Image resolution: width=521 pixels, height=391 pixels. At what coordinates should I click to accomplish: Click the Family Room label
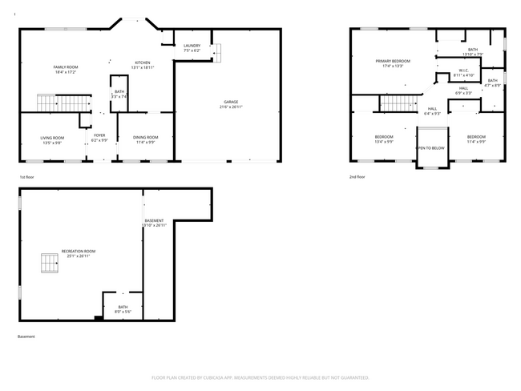tap(66, 67)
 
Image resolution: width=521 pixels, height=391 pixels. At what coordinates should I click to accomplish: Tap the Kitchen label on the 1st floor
tap(143, 62)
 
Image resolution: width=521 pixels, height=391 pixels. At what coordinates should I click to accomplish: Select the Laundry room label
tap(192, 46)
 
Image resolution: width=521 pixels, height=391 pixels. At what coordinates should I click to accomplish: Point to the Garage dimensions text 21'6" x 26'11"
tap(232, 107)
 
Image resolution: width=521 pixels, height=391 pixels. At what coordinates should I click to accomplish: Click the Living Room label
tap(52, 138)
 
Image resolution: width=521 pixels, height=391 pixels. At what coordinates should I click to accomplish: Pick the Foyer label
tap(100, 135)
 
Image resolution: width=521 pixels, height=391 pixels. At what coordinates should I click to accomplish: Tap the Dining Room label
tap(145, 138)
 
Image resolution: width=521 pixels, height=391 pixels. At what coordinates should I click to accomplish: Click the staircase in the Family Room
tap(63, 103)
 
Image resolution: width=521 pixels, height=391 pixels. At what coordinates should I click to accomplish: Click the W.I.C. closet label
tap(464, 70)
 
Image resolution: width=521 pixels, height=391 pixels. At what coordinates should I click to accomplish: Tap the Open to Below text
tap(430, 148)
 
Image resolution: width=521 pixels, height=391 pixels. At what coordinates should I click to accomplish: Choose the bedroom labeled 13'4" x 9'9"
tap(384, 139)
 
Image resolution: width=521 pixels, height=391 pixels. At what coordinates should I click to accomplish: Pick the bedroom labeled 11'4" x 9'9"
tap(477, 139)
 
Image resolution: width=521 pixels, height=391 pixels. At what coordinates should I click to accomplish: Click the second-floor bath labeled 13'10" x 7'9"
tap(473, 52)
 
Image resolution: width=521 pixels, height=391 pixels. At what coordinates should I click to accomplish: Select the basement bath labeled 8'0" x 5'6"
tap(123, 308)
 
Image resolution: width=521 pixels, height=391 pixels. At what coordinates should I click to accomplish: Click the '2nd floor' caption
tap(357, 176)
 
